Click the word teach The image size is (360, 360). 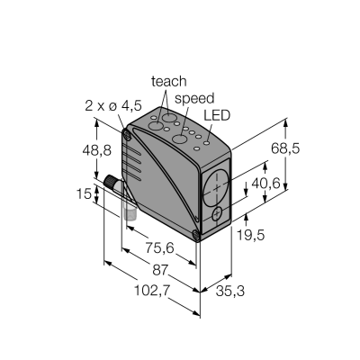tap(169, 82)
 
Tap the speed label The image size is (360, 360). tap(194, 99)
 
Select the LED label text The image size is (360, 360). tap(217, 115)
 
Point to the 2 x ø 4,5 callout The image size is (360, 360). tap(113, 105)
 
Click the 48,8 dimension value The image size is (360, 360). tap(97, 150)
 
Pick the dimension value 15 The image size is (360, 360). tap(84, 193)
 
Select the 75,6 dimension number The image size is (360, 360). tap(160, 247)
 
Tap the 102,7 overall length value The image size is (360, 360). tap(152, 291)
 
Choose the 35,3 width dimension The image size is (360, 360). tap(230, 291)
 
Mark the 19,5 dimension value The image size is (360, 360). tap(251, 235)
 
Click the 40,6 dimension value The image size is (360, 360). tap(265, 183)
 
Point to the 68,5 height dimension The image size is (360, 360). tap(285, 148)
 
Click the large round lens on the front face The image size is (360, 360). tap(216, 188)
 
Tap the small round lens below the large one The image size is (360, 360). tap(217, 214)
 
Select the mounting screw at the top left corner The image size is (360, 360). tap(127, 135)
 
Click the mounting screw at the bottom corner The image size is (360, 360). tap(196, 235)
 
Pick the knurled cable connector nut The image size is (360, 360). tap(111, 182)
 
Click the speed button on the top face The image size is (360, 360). tap(179, 139)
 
